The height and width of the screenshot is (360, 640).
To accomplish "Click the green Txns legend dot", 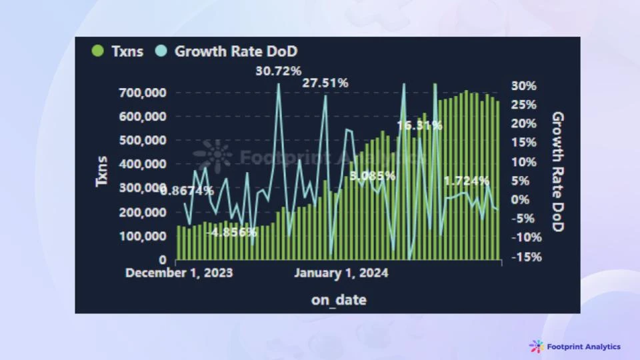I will tap(98, 51).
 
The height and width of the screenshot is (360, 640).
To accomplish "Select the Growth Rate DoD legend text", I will tap(236, 51).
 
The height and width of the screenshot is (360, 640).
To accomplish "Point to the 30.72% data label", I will tap(279, 71).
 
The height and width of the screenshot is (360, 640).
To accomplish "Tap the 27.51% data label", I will tap(325, 83).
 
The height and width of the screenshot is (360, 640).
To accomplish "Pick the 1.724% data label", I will tap(467, 181).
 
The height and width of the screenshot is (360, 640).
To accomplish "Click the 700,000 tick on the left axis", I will tap(144, 92).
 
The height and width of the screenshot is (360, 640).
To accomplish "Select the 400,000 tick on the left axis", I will tap(144, 164).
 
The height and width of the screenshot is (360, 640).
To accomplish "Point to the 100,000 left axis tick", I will tap(144, 236).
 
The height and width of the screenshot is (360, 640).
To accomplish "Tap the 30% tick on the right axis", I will tap(524, 86).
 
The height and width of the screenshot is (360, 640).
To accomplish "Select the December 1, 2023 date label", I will tap(179, 273).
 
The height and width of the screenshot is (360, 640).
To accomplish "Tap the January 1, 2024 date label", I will tap(341, 273).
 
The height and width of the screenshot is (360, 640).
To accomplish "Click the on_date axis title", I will tap(339, 300).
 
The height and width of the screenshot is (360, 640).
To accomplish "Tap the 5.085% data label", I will tap(373, 177).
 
